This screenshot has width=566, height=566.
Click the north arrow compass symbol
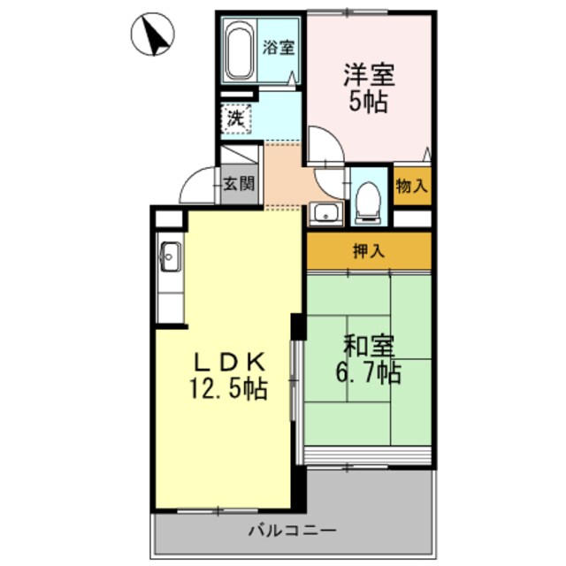tap(151, 35)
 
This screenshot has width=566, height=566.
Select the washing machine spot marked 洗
tap(235, 117)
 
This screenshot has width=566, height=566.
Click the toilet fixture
tap(367, 200)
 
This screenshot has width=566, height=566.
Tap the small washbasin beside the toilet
tap(325, 213)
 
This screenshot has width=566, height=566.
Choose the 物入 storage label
tap(412, 187)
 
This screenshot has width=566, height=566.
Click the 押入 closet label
tap(369, 250)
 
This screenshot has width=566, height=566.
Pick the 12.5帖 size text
tap(227, 388)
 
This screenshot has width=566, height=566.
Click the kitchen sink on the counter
tap(170, 258)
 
